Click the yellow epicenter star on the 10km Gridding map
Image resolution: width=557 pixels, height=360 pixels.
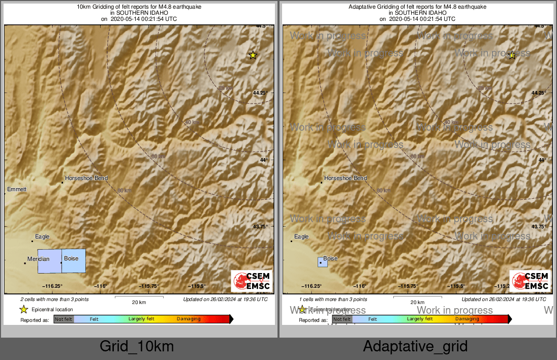click(253, 55)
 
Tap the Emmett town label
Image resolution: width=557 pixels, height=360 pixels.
click(17, 190)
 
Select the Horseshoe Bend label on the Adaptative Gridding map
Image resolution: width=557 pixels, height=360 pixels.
click(346, 178)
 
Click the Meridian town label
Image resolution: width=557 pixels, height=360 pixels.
click(39, 259)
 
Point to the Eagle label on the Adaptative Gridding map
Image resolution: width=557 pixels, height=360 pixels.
click(301, 237)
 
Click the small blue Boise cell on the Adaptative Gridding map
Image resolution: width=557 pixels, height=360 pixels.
click(322, 262)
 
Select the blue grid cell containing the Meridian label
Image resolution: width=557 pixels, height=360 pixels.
click(50, 261)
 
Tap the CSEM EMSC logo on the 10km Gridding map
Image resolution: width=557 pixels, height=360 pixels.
click(252, 281)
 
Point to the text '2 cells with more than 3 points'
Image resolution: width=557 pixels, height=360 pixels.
click(54, 299)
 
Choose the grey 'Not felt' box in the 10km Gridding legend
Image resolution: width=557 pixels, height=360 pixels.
click(64, 319)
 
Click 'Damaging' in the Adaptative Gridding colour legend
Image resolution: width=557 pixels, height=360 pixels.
click(467, 319)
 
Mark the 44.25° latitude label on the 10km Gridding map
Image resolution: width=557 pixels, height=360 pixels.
click(260, 93)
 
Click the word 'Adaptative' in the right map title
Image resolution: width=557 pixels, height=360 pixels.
click(362, 7)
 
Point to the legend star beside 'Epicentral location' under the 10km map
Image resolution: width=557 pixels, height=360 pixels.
click(23, 310)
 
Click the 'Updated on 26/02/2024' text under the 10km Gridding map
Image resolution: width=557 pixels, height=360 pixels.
click(225, 299)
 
